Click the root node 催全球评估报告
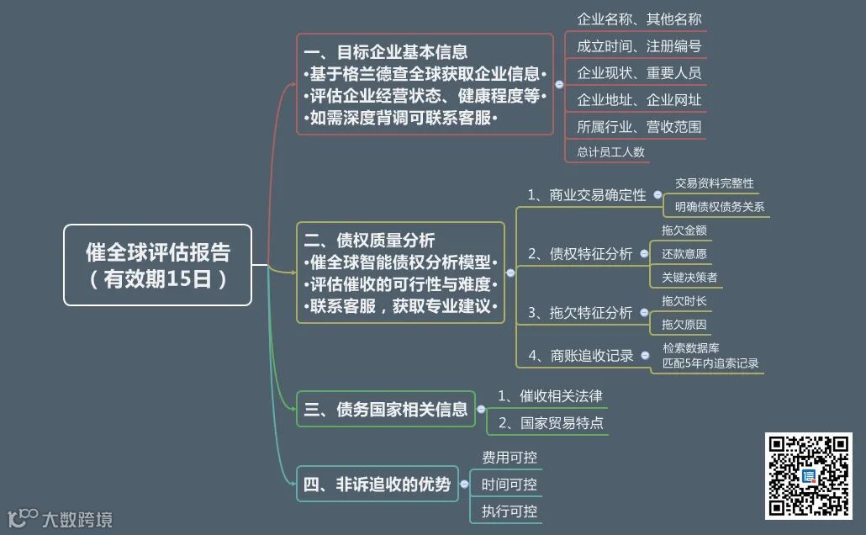click(x=157, y=264)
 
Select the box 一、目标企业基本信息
click(x=425, y=84)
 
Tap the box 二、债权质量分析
click(x=400, y=272)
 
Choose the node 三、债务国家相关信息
click(x=386, y=410)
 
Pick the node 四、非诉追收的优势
click(x=378, y=484)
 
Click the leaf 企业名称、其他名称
click(x=639, y=19)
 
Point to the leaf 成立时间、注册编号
click(x=639, y=45)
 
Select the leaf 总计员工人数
click(x=610, y=152)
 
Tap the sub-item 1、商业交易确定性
click(x=587, y=195)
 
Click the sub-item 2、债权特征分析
click(x=580, y=254)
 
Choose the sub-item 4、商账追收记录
click(x=581, y=356)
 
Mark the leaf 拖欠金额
click(x=684, y=230)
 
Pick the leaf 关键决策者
click(x=689, y=277)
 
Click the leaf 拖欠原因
click(x=684, y=324)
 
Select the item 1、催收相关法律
click(x=550, y=395)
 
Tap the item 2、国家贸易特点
click(x=551, y=423)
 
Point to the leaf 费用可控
click(x=509, y=458)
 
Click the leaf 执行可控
click(x=509, y=511)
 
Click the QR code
click(x=808, y=476)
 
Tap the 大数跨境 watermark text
click(x=77, y=520)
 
